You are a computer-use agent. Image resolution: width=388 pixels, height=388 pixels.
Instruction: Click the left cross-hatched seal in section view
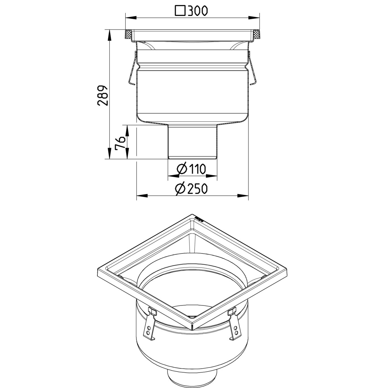[x=129, y=35]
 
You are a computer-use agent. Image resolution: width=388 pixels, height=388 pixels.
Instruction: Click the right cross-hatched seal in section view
[x=256, y=35]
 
